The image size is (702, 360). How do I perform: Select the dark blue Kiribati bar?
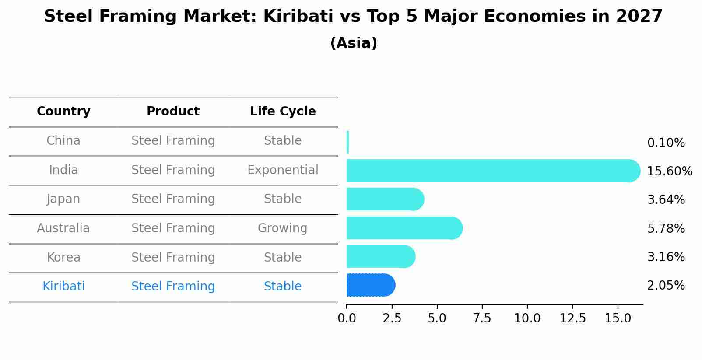370,285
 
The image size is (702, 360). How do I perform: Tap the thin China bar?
347,142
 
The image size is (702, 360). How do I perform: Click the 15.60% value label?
669,171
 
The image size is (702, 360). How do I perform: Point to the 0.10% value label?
666,143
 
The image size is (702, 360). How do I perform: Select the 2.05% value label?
666,286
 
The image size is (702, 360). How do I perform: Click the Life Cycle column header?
283,112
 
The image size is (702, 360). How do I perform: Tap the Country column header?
63,112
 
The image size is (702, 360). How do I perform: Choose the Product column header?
173,112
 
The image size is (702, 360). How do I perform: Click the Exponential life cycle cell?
283,170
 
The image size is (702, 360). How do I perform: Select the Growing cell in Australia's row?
283,228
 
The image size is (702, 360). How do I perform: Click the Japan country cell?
63,199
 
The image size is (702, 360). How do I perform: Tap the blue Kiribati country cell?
63,287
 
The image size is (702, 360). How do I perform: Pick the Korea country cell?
63,258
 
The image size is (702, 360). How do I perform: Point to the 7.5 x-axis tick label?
482,318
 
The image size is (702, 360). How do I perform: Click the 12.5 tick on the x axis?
572,318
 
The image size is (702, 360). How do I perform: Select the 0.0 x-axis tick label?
347,318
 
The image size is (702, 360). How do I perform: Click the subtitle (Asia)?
354,43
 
